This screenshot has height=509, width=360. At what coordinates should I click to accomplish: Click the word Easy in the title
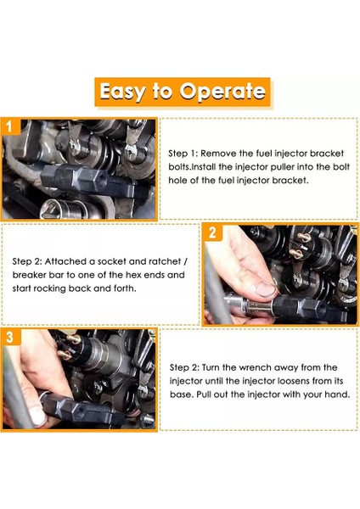pyautogui.click(x=122, y=92)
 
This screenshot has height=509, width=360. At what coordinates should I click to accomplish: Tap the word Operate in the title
pyautogui.click(x=222, y=91)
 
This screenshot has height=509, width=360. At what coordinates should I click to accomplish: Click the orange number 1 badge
pyautogui.click(x=9, y=126)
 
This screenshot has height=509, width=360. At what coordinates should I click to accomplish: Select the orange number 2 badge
pyautogui.click(x=212, y=232)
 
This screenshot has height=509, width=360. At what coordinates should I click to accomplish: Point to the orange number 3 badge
pyautogui.click(x=9, y=337)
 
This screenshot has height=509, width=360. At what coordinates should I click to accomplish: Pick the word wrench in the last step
pyautogui.click(x=255, y=367)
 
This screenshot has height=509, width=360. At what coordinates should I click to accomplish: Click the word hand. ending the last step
pyautogui.click(x=338, y=394)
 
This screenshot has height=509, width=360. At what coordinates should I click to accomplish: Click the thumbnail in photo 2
pyautogui.click(x=265, y=289)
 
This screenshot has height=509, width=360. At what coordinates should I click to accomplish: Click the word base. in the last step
pyautogui.click(x=182, y=394)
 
